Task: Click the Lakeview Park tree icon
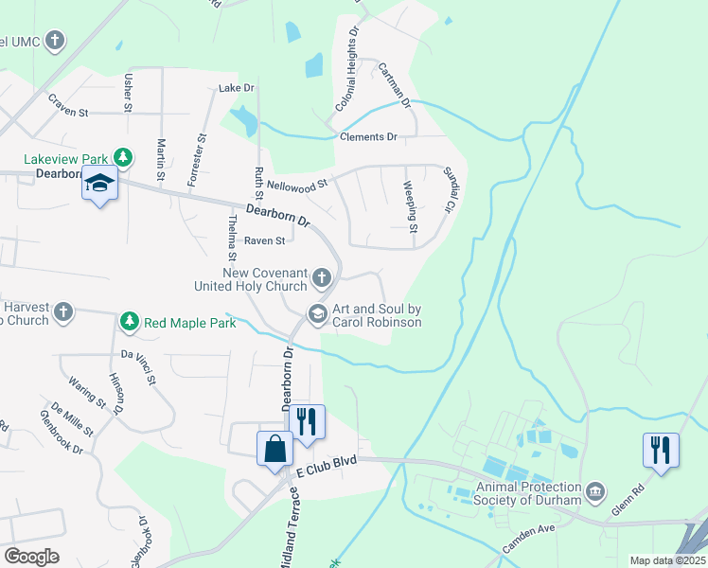(x=122, y=156)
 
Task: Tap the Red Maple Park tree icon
(x=130, y=323)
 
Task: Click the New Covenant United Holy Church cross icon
(x=322, y=278)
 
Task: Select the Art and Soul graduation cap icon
(x=318, y=312)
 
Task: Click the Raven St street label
(x=264, y=241)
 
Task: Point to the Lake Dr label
(x=237, y=88)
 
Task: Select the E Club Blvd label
(x=326, y=469)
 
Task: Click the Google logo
(x=31, y=556)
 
